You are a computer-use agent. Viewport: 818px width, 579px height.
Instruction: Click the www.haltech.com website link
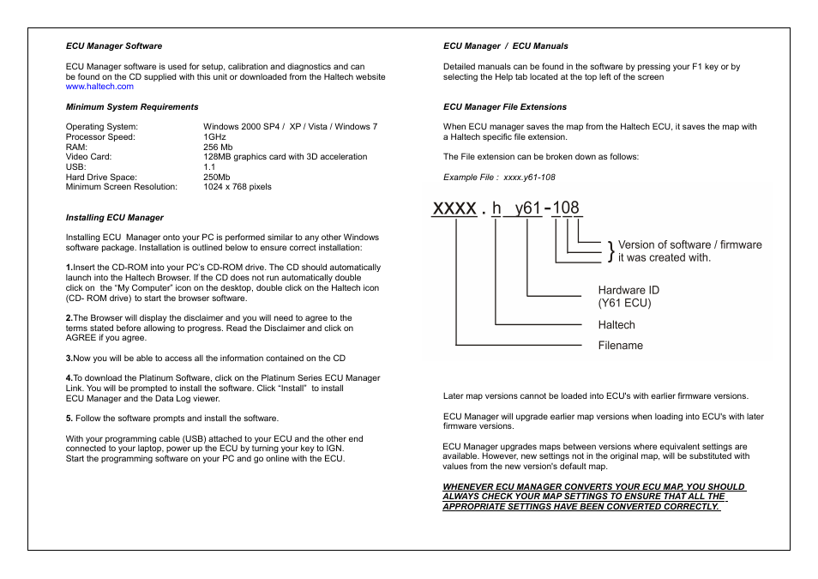coord(99,87)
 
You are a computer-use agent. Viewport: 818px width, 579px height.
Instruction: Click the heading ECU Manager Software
coord(114,46)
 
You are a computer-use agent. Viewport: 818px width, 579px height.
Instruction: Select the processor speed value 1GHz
coord(214,137)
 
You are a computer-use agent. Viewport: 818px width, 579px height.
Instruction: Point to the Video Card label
coord(89,157)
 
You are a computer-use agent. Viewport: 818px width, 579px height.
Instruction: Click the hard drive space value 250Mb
coord(217,177)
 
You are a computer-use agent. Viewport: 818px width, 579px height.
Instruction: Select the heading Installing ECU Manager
coord(115,218)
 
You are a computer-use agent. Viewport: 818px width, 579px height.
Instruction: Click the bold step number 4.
coord(69,378)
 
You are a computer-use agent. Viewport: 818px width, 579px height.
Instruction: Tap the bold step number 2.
coord(69,318)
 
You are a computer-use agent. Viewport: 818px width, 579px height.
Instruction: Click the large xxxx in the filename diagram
coord(454,208)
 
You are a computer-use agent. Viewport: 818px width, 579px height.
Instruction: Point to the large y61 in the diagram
coord(527,208)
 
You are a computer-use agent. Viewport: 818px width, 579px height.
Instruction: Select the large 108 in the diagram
coord(566,208)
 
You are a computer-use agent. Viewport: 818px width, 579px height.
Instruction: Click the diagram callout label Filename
coord(620,346)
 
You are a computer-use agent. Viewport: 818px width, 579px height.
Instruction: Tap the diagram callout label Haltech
coord(617,325)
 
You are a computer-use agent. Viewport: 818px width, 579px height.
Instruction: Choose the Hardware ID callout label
coord(629,291)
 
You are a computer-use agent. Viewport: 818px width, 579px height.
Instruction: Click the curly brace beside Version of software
coord(610,251)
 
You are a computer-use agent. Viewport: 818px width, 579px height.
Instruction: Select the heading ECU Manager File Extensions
coord(505,107)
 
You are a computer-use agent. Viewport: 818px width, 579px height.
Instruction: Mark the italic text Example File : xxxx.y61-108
coord(499,178)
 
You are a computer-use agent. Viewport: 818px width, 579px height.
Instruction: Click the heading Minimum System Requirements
coord(132,107)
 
